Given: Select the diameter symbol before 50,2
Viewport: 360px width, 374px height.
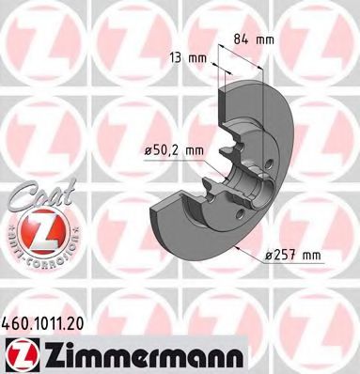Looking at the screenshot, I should coord(149,148).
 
